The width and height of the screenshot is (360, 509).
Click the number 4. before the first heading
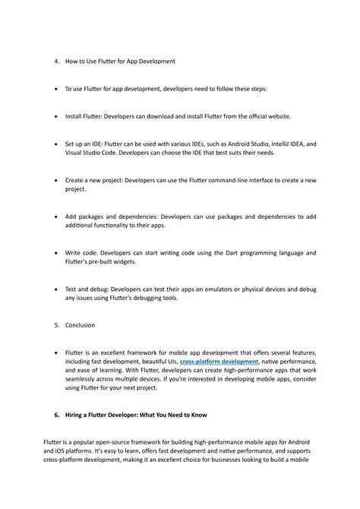click(58, 61)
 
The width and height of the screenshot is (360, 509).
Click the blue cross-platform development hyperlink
click(219, 362)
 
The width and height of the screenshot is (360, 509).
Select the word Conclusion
click(80, 324)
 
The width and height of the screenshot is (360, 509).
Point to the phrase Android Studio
click(229, 143)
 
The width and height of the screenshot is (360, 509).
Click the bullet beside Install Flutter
click(57, 116)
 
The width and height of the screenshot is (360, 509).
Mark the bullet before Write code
click(57, 252)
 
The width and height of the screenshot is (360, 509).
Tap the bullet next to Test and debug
click(57, 289)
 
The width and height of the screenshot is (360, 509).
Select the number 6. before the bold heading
click(57, 415)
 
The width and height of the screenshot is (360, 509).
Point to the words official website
click(266, 116)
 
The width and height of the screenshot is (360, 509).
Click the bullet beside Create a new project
click(57, 180)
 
